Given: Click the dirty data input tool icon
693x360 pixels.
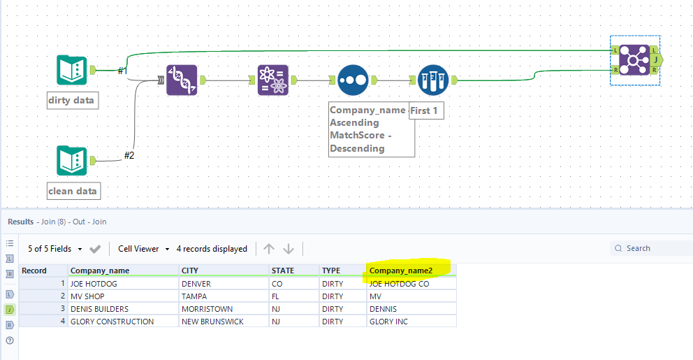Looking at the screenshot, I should [71, 70].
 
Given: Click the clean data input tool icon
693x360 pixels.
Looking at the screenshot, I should [71, 161].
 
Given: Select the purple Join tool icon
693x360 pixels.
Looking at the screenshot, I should [634, 60].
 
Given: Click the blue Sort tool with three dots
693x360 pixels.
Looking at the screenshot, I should [352, 80].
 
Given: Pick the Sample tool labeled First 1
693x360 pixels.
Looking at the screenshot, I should [432, 80].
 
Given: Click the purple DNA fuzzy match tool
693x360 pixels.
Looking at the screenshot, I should [182, 80].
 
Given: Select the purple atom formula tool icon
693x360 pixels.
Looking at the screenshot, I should [273, 80].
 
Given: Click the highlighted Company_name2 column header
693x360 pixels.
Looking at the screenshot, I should [401, 271].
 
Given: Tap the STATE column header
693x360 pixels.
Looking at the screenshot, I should [283, 271].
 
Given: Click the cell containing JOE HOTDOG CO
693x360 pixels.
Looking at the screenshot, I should [400, 284].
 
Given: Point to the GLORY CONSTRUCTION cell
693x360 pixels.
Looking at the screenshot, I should [112, 322].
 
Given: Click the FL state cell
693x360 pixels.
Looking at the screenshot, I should [277, 296].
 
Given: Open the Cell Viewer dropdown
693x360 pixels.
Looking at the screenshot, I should [143, 249].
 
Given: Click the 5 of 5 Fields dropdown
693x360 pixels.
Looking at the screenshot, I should [54, 249].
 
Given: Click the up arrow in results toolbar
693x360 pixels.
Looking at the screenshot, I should [269, 249].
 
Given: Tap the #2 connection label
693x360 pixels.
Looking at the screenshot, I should [129, 155].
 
